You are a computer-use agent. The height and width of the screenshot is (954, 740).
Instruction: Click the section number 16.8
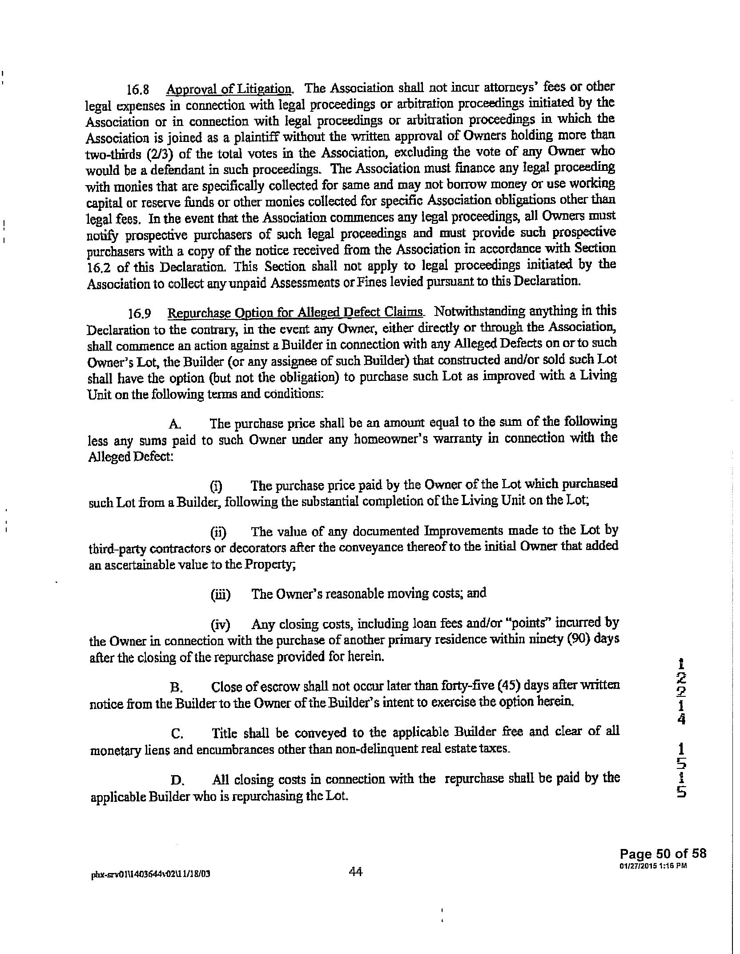click(x=137, y=89)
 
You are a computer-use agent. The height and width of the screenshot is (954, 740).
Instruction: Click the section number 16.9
click(x=139, y=314)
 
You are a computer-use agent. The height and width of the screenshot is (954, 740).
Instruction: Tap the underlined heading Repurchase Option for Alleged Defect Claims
click(x=295, y=313)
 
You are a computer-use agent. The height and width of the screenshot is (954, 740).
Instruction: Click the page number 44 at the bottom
click(x=356, y=872)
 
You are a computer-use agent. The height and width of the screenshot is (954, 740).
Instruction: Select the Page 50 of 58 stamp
click(x=663, y=853)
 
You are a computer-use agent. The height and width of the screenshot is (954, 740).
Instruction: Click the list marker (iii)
click(x=220, y=594)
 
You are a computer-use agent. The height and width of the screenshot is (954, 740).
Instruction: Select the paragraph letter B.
click(x=176, y=688)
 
